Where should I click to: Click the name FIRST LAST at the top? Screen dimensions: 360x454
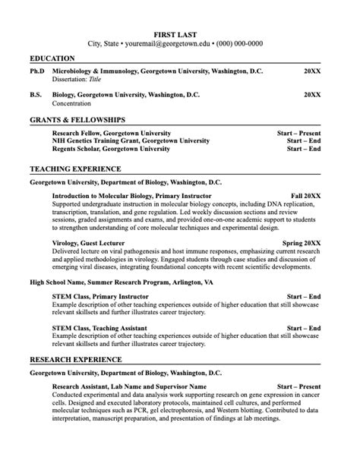(x=179, y=34)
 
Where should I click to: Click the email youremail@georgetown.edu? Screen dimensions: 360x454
(x=166, y=44)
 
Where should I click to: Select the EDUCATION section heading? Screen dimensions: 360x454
(x=52, y=58)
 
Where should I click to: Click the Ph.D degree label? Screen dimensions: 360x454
(x=37, y=71)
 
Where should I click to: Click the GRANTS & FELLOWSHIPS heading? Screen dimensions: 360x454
(x=77, y=120)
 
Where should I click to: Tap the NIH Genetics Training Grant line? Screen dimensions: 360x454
(x=131, y=141)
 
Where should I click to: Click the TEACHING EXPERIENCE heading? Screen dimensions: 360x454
(x=74, y=169)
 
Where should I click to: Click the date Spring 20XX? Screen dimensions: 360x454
(x=302, y=244)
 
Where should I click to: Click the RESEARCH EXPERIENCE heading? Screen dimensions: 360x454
(x=75, y=359)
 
